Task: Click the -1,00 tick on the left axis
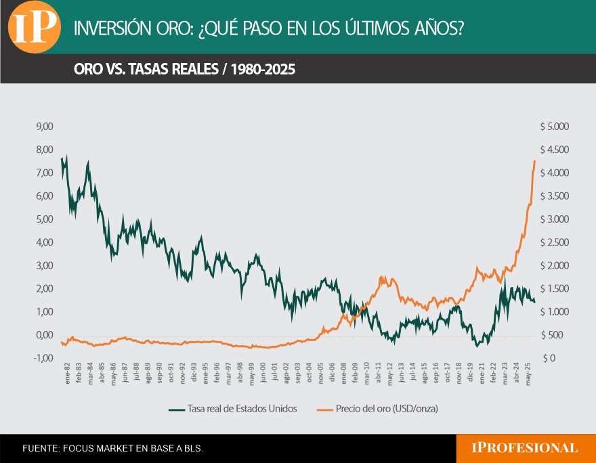[44, 358]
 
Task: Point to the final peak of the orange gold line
[534, 160]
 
